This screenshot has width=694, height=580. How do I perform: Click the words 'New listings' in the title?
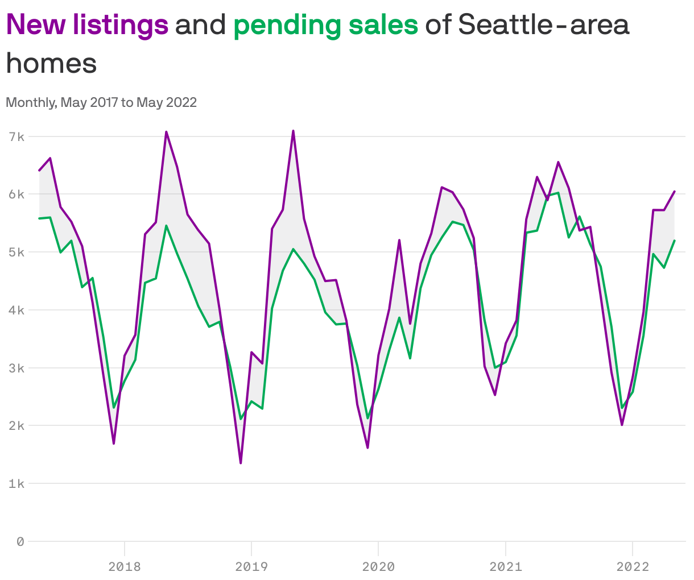(87, 25)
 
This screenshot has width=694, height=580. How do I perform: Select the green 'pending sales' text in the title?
(325, 25)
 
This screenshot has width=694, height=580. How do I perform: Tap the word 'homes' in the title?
(51, 63)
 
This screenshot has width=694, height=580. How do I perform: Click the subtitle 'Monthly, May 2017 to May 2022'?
(101, 102)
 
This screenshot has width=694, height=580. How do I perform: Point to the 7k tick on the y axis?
(16, 136)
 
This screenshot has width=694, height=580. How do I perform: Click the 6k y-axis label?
(16, 194)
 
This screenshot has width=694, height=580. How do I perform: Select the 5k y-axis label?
(16, 252)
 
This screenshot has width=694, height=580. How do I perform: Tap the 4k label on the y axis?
(16, 310)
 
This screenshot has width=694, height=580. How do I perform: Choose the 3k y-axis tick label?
(16, 368)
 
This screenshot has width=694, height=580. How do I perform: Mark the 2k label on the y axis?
(16, 425)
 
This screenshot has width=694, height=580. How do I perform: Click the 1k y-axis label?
(16, 483)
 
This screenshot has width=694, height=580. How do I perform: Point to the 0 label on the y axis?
(20, 541)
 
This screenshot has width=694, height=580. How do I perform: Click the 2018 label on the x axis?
(124, 566)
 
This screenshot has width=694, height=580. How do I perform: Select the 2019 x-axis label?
(251, 566)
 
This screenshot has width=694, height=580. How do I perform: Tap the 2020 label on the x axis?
(378, 566)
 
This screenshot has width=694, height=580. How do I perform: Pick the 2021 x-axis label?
(505, 566)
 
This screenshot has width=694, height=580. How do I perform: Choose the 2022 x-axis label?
(633, 566)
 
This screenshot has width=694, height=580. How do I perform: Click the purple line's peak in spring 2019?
(293, 131)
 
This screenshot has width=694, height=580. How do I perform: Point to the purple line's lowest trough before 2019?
(241, 463)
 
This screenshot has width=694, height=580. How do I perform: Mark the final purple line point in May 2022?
(675, 191)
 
